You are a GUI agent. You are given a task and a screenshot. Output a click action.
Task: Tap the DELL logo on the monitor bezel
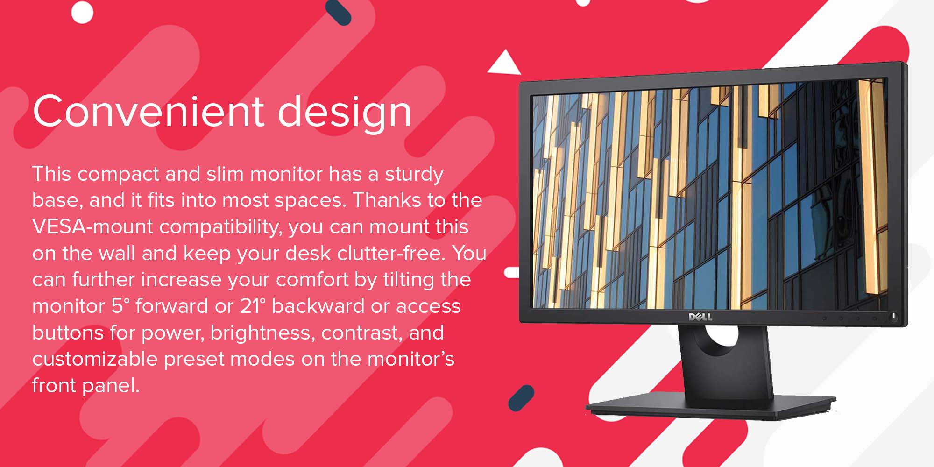pos(700,317)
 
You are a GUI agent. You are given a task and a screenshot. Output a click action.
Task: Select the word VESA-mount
pos(92,226)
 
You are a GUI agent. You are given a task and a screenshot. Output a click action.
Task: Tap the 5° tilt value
pos(120,306)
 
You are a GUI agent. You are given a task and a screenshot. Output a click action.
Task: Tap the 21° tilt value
pos(253,306)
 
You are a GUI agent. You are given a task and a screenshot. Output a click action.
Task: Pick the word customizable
pos(95,359)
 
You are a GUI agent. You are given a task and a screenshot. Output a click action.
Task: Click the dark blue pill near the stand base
pos(521,398)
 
